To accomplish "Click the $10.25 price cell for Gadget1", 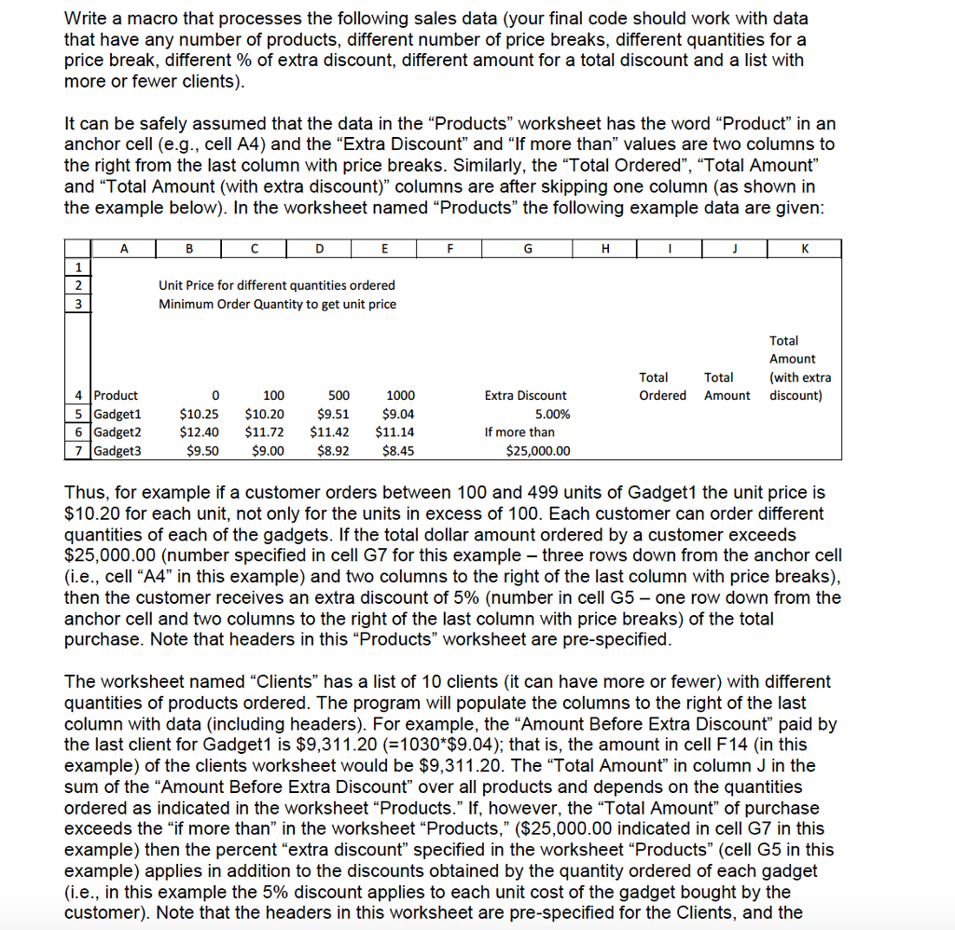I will point(199,414).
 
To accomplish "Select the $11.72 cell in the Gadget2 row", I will point(264,432).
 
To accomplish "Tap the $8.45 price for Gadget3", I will point(398,451).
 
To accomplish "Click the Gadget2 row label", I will point(117,432).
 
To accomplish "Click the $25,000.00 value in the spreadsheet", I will point(538,451).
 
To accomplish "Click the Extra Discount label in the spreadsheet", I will point(525,395).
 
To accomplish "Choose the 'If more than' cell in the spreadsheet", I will point(519,432).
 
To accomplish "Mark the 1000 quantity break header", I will point(400,395).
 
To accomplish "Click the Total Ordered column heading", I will point(662,386).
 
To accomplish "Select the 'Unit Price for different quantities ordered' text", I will point(276,285).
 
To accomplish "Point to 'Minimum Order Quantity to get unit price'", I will point(276,304).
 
